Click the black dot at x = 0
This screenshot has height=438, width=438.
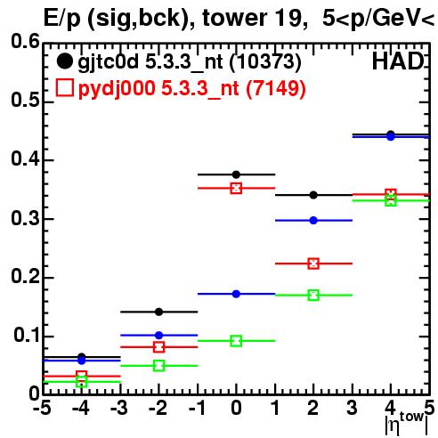[x=236, y=174]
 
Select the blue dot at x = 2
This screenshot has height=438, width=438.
[x=313, y=221]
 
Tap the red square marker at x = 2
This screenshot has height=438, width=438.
[x=313, y=264]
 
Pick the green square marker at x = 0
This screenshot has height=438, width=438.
[x=236, y=341]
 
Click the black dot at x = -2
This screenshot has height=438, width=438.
[x=158, y=312]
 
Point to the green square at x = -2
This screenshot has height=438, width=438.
[x=158, y=366]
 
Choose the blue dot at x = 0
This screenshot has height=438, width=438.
[x=236, y=294]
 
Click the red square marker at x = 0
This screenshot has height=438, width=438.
[x=236, y=188]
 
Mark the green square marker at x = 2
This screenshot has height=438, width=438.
[x=313, y=296]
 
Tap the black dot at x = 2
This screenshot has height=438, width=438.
[x=313, y=195]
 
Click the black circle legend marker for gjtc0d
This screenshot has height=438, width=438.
[x=64, y=61]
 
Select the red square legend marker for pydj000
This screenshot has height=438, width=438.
[x=64, y=88]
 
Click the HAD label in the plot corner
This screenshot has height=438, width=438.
[x=398, y=61]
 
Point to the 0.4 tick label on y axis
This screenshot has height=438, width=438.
[x=25, y=158]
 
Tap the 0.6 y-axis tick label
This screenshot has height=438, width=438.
[x=25, y=41]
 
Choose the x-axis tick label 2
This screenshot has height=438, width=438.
[x=313, y=409]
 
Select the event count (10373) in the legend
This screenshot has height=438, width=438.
[x=265, y=62]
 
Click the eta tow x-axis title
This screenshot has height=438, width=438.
[x=407, y=424]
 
